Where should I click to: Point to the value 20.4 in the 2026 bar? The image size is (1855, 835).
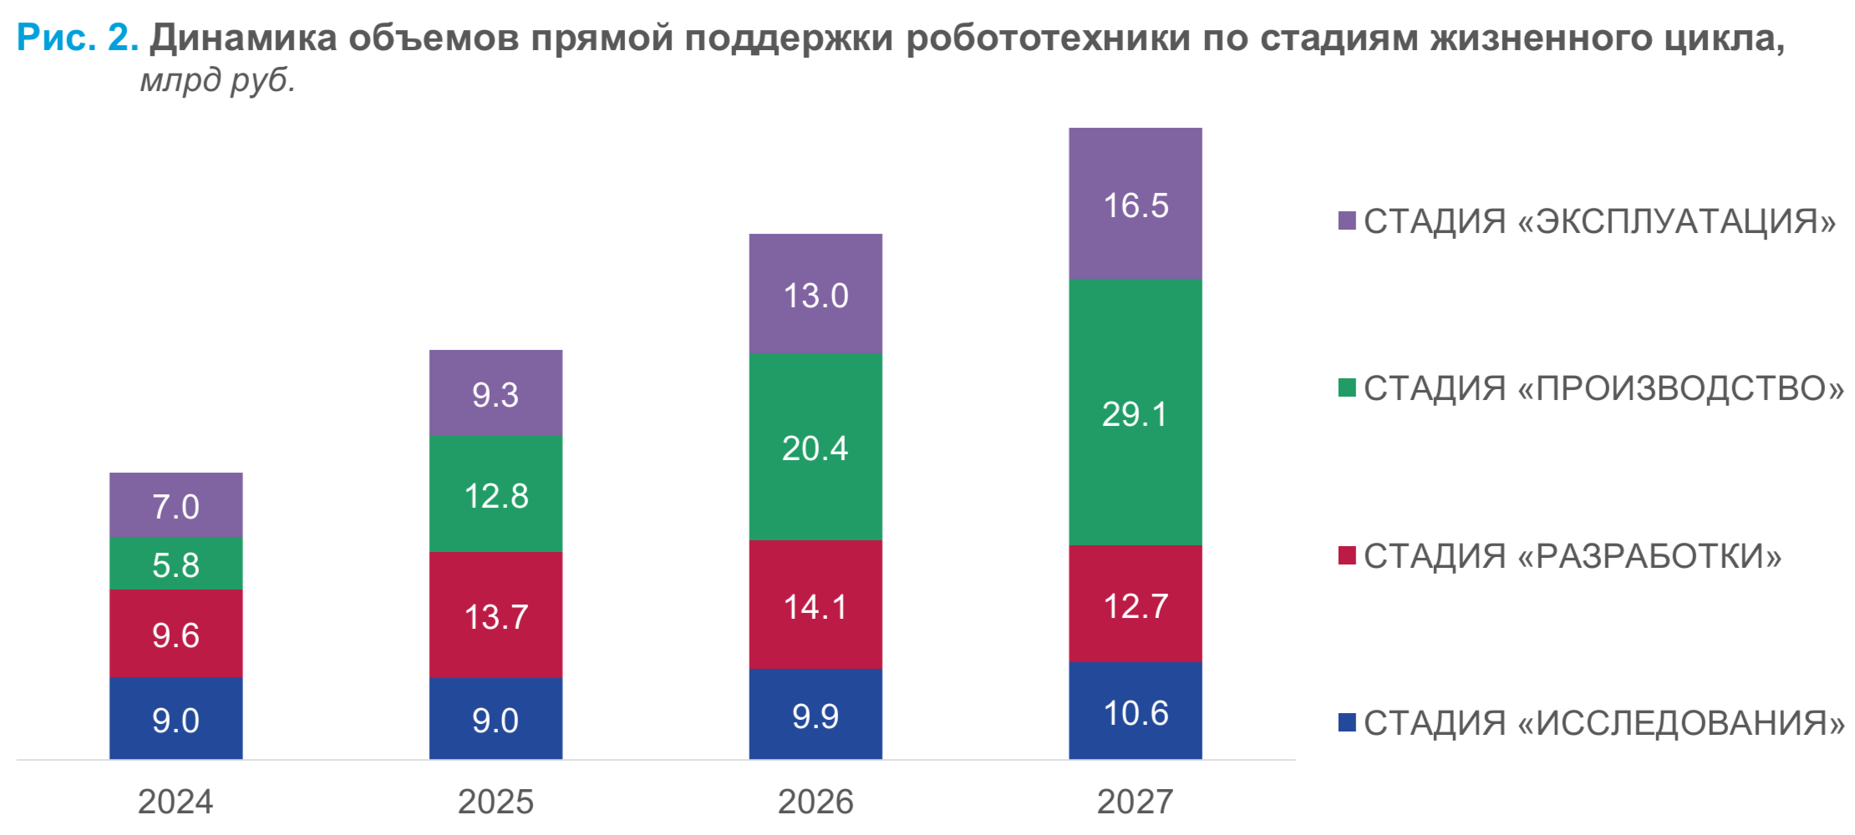pos(815,448)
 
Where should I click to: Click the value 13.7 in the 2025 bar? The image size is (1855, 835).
pos(496,617)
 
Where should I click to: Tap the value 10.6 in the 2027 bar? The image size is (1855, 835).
pos(1135,713)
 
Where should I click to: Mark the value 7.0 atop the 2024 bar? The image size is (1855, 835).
pos(175,507)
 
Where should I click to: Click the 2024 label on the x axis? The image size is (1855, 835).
pos(175,802)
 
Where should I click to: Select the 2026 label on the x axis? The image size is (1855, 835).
pos(815,802)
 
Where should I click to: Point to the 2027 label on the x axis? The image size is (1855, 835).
pos(1135,802)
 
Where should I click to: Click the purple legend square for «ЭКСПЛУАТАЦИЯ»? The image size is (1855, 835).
pos(1346,220)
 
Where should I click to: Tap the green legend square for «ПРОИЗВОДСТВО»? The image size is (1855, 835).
pos(1346,387)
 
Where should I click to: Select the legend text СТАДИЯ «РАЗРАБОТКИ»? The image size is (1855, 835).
pos(1572,556)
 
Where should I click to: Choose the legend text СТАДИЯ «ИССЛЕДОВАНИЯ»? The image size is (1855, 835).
pos(1603,723)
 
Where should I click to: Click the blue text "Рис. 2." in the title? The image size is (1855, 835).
pos(77,38)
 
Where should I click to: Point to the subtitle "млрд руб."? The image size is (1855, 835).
pos(217,80)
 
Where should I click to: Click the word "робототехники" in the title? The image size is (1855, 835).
pos(1048,38)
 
